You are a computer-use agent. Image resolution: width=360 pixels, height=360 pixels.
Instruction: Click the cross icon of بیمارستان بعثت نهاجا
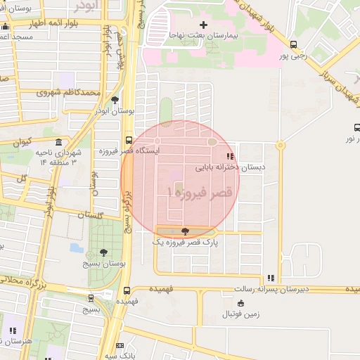coord(204,25)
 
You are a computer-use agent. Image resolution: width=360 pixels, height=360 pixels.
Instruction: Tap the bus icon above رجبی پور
coord(293,44)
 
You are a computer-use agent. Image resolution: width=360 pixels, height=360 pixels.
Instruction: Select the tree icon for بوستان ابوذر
coord(115,100)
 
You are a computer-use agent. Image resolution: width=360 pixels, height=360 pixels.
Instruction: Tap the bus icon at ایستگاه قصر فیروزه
coord(129,139)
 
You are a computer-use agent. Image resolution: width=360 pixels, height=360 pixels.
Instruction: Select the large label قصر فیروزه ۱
coord(200,191)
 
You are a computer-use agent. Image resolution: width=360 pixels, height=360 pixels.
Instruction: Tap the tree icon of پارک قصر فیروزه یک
coord(185,231)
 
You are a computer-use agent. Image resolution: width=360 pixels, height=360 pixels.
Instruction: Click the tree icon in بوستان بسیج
coord(104,252)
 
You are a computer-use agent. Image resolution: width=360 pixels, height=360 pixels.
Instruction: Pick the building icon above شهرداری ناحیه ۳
coord(58,141)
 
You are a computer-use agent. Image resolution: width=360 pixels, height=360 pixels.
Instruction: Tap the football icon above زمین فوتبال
coord(242,304)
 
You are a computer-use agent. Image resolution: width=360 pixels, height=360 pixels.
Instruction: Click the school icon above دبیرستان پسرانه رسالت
coord(271,278)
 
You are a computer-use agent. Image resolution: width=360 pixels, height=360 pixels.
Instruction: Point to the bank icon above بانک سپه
coord(120,345)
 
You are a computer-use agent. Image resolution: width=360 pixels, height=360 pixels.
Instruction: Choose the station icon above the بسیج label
coord(90,298)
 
